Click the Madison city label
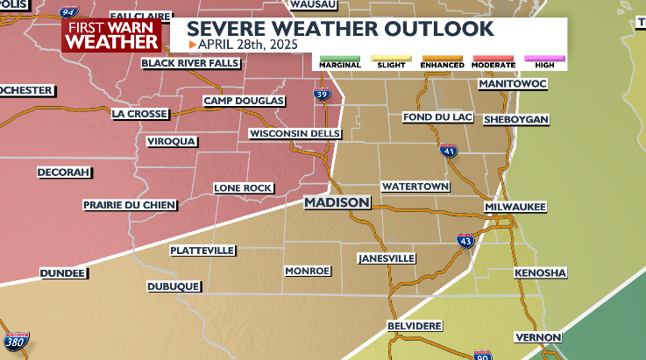tap(337, 202)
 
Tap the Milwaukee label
tap(515, 207)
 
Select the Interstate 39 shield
tap(323, 93)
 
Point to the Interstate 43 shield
tap(465, 240)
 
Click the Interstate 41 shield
tap(448, 151)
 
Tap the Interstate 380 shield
tap(15, 342)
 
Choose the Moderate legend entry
tap(493, 62)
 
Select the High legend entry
tap(544, 62)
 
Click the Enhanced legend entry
tap(442, 62)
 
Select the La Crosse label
tap(138, 113)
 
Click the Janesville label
tap(387, 259)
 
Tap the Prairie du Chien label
tap(130, 205)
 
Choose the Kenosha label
tap(540, 273)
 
